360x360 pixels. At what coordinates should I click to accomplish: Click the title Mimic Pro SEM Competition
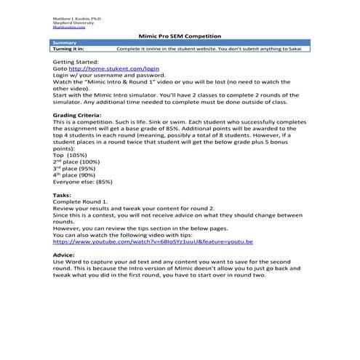click(180, 36)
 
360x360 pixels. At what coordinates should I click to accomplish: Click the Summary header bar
click(180, 43)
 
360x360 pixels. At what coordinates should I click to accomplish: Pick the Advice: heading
click(64, 255)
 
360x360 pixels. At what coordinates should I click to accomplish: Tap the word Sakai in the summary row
click(300, 49)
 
